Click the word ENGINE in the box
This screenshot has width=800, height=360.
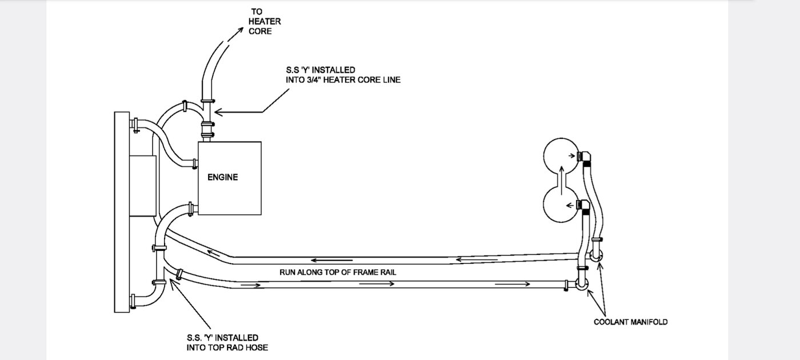click(x=222, y=177)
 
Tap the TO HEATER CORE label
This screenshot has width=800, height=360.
click(x=261, y=21)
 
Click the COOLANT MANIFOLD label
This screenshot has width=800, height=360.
click(x=630, y=322)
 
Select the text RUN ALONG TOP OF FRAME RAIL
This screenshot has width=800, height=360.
click(x=338, y=273)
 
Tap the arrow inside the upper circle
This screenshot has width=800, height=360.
click(x=573, y=155)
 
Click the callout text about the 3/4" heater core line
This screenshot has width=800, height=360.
click(x=343, y=75)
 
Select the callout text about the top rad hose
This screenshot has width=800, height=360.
click(x=222, y=342)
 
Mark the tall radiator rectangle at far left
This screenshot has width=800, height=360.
click(x=122, y=212)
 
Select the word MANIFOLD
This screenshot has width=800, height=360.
click(x=649, y=322)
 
